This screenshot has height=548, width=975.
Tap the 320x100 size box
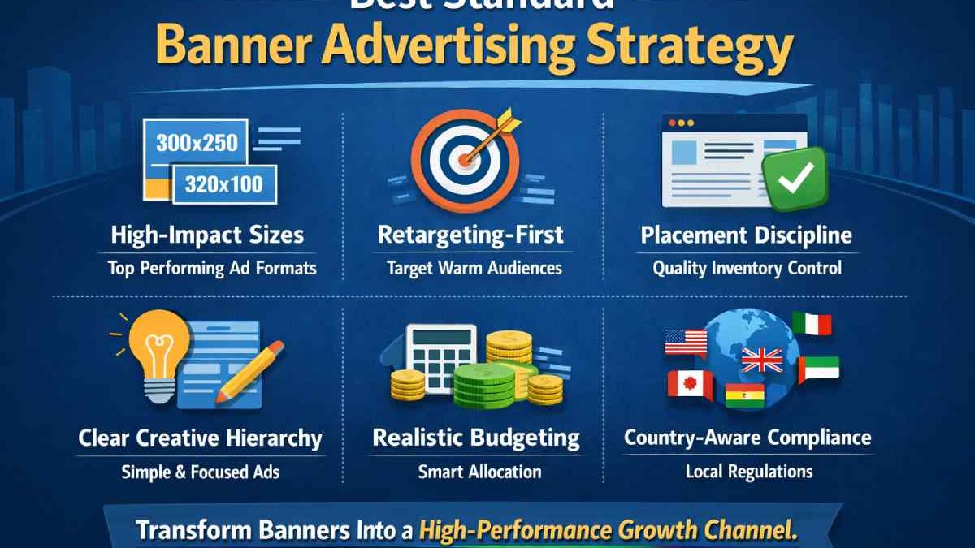click(224, 183)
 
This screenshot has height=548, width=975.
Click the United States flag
click(686, 342)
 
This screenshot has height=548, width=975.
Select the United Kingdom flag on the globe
click(761, 360)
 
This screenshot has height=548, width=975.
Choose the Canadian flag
click(689, 384)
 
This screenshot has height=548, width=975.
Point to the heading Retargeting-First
click(470, 236)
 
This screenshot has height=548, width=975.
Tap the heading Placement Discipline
click(746, 236)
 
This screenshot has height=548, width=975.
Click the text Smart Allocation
click(479, 472)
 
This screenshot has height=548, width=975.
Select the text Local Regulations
click(748, 472)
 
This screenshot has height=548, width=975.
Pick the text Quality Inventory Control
click(747, 268)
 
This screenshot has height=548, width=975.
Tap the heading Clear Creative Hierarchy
click(200, 439)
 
